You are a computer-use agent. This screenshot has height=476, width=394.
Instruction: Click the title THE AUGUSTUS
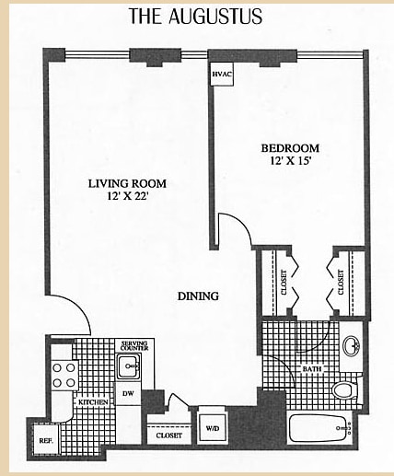click(195, 16)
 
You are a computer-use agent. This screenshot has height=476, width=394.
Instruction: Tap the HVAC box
click(222, 74)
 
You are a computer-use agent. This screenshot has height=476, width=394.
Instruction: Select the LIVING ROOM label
click(126, 182)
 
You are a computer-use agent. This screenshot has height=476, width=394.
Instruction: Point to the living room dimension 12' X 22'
click(126, 196)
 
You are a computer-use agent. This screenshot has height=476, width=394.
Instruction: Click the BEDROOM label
click(290, 148)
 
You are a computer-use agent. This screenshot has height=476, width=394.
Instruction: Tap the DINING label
click(198, 296)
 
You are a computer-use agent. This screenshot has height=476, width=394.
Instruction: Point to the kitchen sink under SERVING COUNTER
click(130, 366)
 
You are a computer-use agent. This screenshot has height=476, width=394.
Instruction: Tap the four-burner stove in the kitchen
click(63, 375)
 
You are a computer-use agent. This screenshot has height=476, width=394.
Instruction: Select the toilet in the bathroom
click(343, 390)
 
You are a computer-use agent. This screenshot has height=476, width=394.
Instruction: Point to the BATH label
click(313, 370)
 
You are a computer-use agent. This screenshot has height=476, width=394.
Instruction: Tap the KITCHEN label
click(90, 402)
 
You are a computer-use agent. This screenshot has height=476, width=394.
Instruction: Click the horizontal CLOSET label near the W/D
click(168, 435)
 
